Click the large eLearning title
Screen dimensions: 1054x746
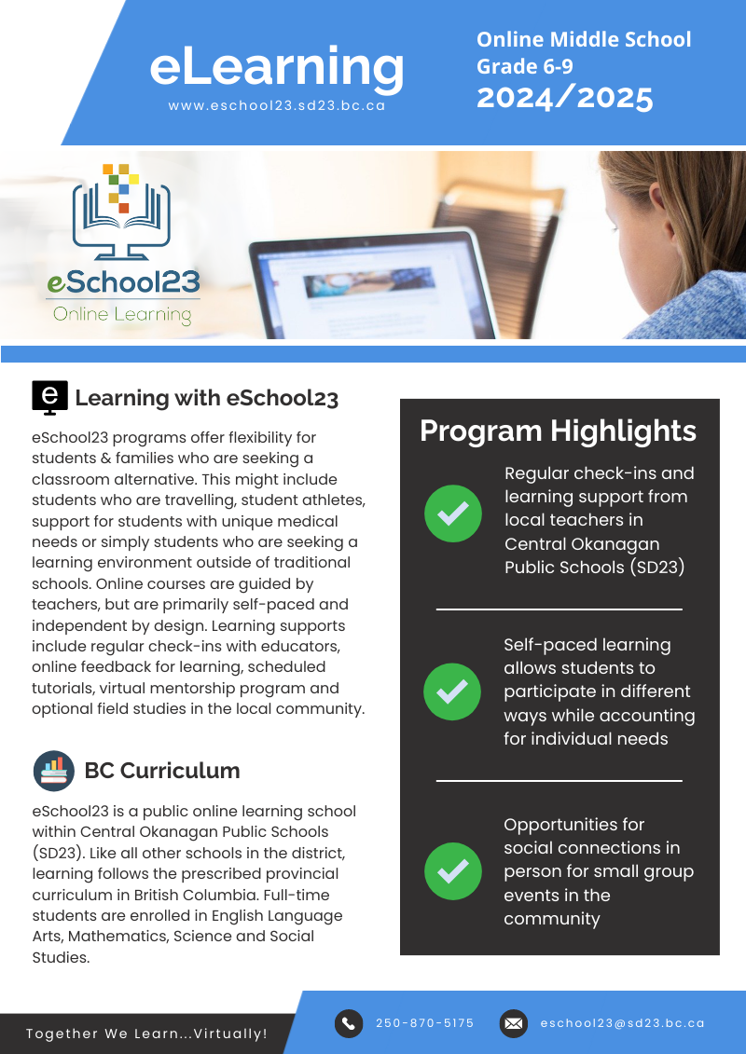(277, 66)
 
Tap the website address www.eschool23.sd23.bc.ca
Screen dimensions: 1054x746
(277, 106)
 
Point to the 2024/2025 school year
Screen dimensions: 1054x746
(564, 97)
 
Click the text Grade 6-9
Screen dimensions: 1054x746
(524, 66)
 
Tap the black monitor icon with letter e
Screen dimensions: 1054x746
(49, 397)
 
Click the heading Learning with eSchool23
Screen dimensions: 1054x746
(206, 398)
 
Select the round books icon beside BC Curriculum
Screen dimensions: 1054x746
(53, 771)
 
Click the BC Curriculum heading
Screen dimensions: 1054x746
(162, 771)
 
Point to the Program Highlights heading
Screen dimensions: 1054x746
(558, 431)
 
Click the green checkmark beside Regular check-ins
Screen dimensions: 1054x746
(452, 513)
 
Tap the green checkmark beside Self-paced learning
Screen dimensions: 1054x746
(452, 691)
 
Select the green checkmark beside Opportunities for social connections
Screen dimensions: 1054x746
(452, 871)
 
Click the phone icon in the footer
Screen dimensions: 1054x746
(349, 1023)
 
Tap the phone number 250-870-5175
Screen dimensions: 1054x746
(424, 1023)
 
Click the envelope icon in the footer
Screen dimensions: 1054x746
(513, 1023)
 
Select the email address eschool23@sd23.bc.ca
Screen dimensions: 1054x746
(622, 1023)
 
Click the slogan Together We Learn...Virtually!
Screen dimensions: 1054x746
(146, 1033)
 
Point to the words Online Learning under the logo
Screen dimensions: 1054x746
(122, 314)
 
